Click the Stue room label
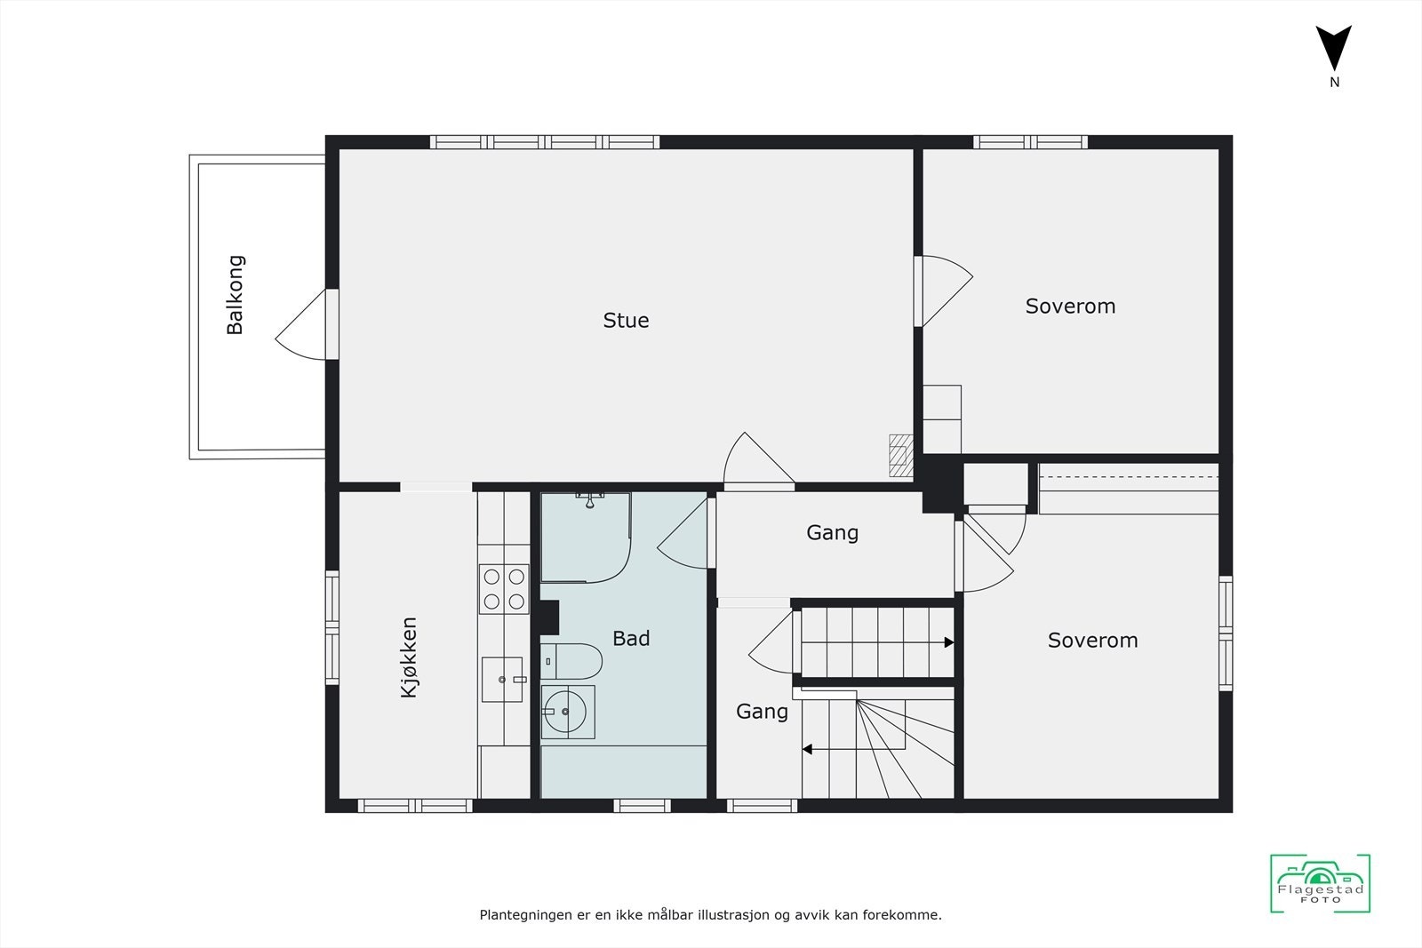(x=626, y=320)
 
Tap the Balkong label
(x=235, y=295)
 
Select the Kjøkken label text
(x=409, y=657)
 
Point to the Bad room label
(x=631, y=638)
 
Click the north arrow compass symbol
(x=1333, y=50)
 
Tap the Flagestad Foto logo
(x=1320, y=884)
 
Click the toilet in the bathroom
(x=572, y=661)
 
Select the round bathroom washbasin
(x=567, y=712)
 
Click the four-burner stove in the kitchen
(x=504, y=589)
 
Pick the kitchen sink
(x=503, y=680)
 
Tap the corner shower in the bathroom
(x=586, y=538)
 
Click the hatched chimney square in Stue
(x=901, y=457)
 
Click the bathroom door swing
(x=685, y=533)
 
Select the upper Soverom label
(x=1070, y=306)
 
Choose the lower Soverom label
(x=1092, y=640)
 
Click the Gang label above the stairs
(x=832, y=532)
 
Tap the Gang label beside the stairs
(x=762, y=711)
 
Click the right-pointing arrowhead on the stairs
(x=948, y=642)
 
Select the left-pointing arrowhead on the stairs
(x=808, y=750)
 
